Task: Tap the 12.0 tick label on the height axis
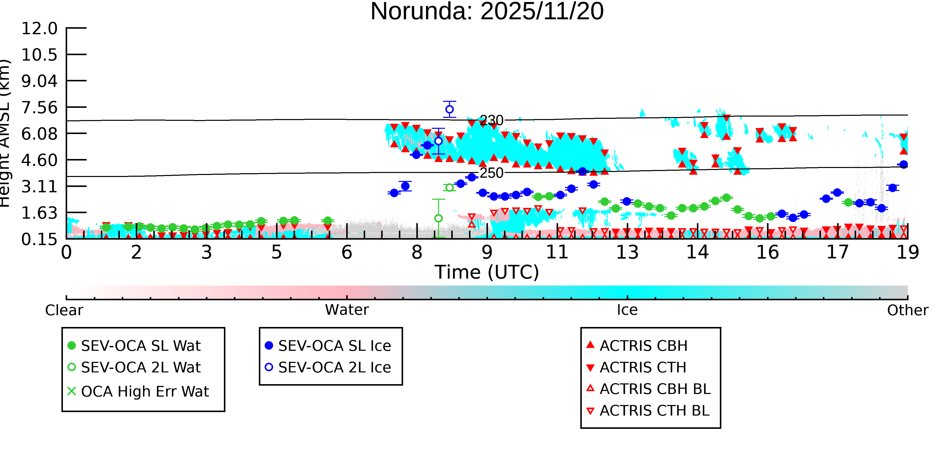click(x=39, y=28)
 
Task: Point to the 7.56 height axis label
click(x=39, y=108)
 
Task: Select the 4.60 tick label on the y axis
click(x=39, y=160)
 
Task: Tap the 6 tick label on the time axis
click(x=347, y=252)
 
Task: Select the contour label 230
click(x=491, y=120)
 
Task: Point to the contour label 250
click(x=491, y=173)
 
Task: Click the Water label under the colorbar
click(x=347, y=310)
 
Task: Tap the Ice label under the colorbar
click(x=627, y=310)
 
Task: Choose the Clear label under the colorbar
click(x=64, y=310)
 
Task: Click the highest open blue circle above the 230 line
click(x=450, y=109)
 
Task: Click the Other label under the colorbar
click(x=907, y=310)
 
